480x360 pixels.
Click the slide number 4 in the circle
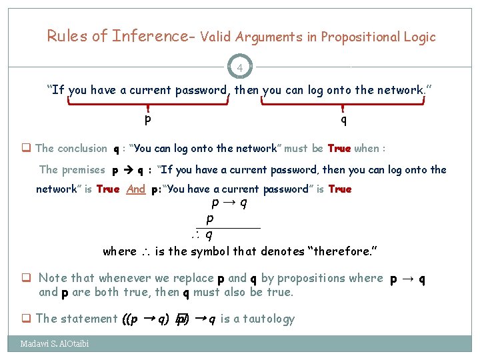[240, 67]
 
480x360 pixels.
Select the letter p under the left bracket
[147, 120]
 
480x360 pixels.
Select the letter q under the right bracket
[343, 120]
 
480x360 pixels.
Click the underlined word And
[135, 189]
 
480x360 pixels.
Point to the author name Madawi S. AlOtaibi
[55, 343]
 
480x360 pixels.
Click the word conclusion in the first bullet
[82, 149]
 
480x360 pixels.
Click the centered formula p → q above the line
[229, 203]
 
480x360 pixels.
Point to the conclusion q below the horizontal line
[209, 234]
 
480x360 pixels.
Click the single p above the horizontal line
[210, 219]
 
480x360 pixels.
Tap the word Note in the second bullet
[53, 278]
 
